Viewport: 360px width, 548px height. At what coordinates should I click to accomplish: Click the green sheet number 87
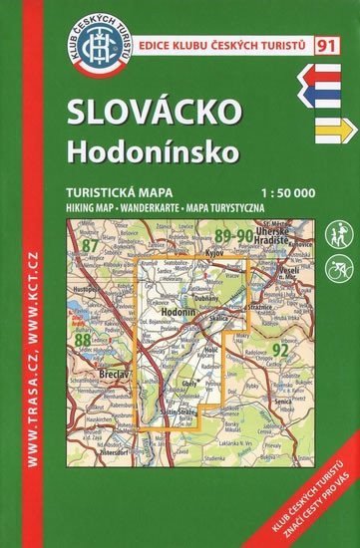(93, 245)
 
